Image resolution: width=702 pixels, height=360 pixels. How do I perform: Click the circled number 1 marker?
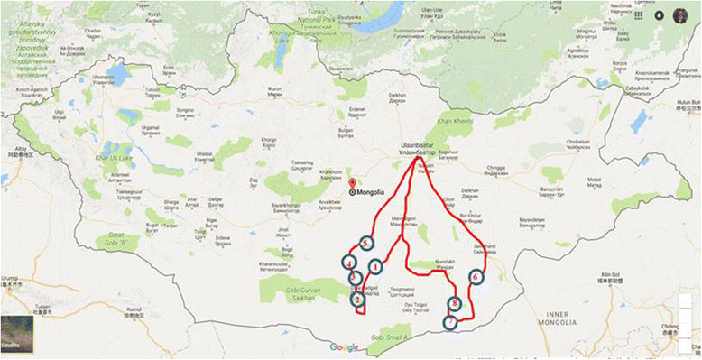pyautogui.click(x=375, y=265)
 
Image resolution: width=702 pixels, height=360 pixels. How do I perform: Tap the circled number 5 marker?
pyautogui.click(x=365, y=244)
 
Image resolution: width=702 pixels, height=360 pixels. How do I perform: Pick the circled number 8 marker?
pyautogui.click(x=455, y=305)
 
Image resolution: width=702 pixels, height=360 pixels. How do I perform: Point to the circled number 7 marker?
pyautogui.click(x=450, y=322)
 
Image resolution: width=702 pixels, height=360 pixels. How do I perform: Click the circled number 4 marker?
pyautogui.click(x=348, y=262)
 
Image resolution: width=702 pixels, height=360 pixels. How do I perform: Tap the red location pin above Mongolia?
pyautogui.click(x=352, y=183)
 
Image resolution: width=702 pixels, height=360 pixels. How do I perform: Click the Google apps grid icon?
pyautogui.click(x=639, y=14)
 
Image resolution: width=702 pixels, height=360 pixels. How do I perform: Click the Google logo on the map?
pyautogui.click(x=344, y=347)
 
